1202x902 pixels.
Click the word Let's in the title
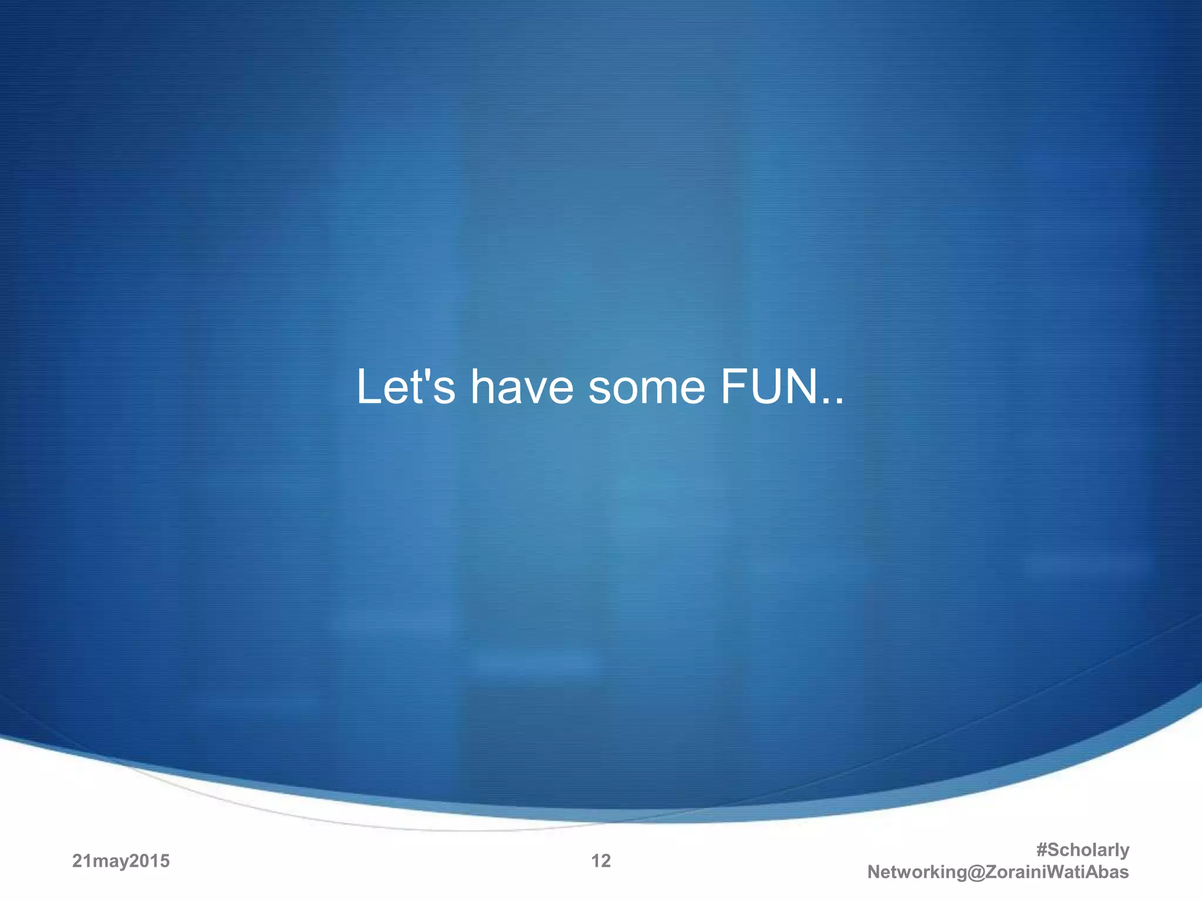pos(405,387)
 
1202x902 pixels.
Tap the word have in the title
pos(522,387)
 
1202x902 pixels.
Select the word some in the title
pos(646,388)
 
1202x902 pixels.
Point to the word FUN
pos(769,387)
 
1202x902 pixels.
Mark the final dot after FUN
pos(839,402)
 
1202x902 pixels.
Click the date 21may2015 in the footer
pos(121,861)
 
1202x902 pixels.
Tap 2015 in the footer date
pos(150,861)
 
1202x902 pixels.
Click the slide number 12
pos(601,861)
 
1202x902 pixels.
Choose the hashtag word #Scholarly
pos(1083,850)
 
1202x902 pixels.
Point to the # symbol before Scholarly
pos(1042,850)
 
